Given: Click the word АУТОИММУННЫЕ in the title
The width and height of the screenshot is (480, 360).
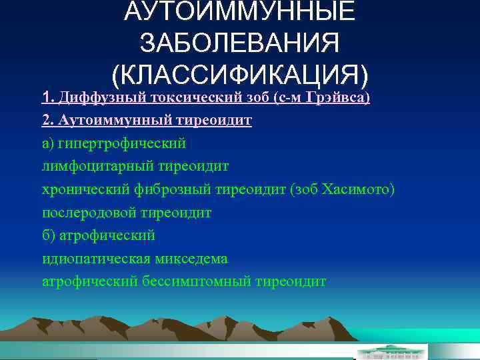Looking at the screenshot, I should (x=239, y=12).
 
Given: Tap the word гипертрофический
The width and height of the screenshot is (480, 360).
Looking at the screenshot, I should (x=123, y=143).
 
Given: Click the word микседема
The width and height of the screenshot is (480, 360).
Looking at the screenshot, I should (x=189, y=259).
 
